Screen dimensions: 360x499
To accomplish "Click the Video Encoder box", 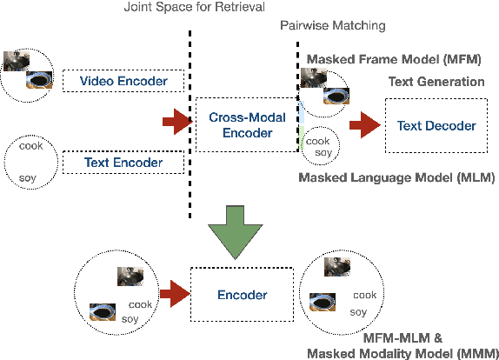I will click(x=124, y=82).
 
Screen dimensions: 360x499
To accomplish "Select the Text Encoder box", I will click(x=124, y=162).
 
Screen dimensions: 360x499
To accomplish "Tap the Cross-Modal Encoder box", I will click(x=241, y=124).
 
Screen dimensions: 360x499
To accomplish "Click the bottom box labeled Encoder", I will click(x=242, y=295).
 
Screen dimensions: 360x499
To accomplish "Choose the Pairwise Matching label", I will click(x=322, y=25).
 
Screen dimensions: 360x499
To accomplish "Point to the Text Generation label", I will click(x=436, y=82).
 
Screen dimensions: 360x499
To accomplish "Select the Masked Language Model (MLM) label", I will click(x=396, y=177).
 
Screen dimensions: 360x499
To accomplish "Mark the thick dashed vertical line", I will click(x=190, y=122).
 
